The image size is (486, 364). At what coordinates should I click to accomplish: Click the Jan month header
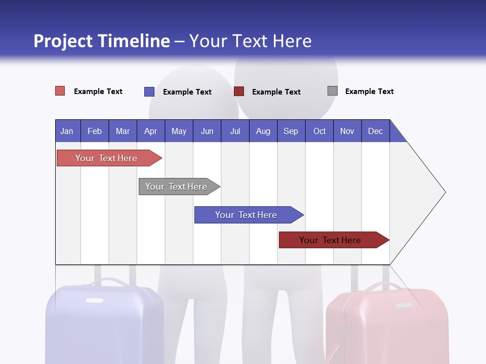tap(67, 131)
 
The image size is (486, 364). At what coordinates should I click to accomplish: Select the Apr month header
tap(150, 131)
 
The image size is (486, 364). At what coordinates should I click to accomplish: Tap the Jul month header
tap(235, 131)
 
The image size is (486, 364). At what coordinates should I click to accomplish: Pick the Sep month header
tap(291, 131)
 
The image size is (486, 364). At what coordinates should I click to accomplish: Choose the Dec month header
tap(375, 131)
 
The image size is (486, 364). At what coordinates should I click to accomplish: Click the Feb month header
tap(95, 131)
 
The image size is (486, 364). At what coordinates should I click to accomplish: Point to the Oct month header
tap(319, 131)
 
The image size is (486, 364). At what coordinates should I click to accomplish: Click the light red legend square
tap(60, 91)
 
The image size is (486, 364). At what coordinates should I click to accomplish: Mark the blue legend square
tap(149, 92)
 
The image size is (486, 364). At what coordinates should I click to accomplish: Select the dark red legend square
tap(239, 92)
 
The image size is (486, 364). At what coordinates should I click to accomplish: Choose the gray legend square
tap(333, 91)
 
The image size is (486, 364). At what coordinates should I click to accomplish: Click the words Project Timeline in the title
tap(102, 41)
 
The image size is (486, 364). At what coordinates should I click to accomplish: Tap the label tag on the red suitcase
tap(403, 305)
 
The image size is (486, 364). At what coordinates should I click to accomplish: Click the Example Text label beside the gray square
tap(369, 92)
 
